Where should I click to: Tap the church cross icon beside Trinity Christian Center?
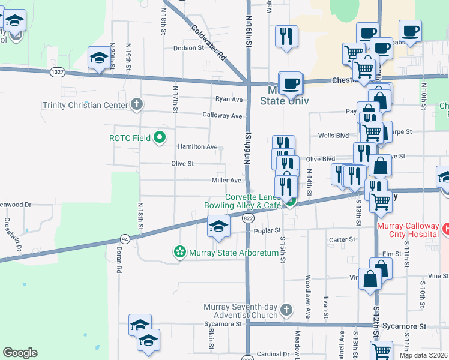(137, 105)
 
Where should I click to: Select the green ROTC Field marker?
(160, 138)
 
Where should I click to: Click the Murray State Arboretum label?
(234, 253)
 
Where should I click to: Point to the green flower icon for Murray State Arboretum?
(179, 253)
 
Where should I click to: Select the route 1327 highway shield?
(58, 72)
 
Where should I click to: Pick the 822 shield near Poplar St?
(248, 219)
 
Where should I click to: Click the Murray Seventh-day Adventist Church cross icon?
(286, 310)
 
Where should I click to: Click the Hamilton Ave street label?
(197, 146)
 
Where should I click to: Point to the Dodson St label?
(189, 48)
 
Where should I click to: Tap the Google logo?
(20, 353)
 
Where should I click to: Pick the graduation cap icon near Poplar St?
(218, 226)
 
